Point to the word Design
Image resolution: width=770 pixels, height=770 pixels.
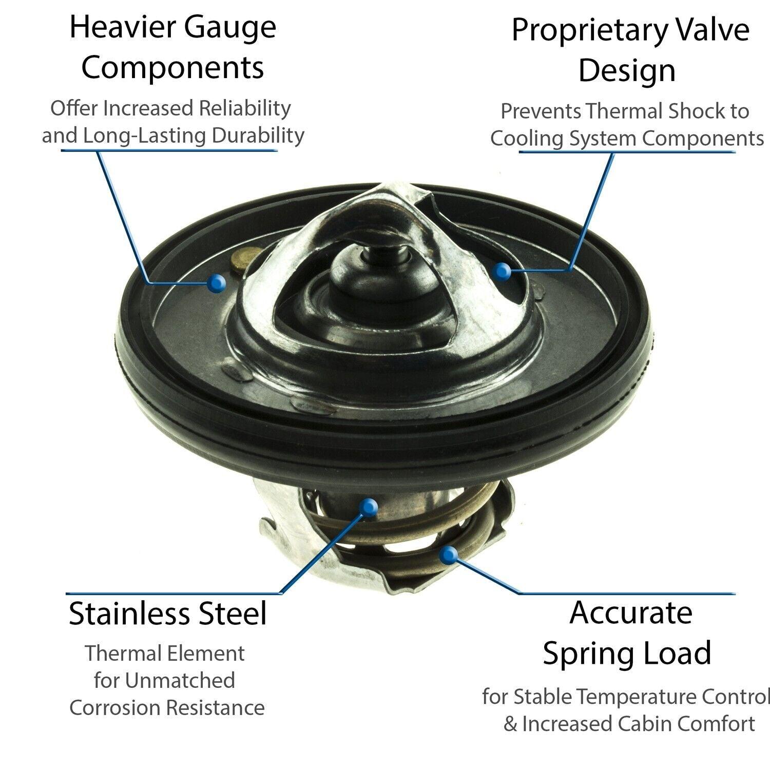coord(627,71)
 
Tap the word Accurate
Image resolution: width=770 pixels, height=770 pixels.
coord(630,613)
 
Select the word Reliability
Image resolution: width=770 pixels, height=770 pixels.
coord(245,108)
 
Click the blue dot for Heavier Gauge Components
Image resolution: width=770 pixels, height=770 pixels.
coord(217,282)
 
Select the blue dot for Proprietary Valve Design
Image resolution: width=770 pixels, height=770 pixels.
coord(504,272)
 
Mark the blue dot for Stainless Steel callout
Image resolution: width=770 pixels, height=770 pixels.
coord(369,508)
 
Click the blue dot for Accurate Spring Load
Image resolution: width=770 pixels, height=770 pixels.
coord(449,554)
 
